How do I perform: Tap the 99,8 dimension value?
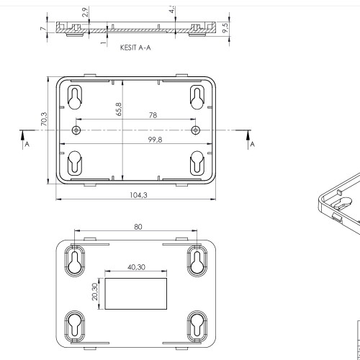pyautogui.click(x=136, y=140)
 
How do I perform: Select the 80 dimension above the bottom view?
pyautogui.click(x=138, y=227)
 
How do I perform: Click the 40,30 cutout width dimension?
pyautogui.click(x=137, y=267)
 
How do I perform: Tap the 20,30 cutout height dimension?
pyautogui.click(x=95, y=292)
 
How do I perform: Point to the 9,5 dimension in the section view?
pyautogui.click(x=225, y=27)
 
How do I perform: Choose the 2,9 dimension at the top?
pyautogui.click(x=85, y=12)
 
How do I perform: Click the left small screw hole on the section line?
pyautogui.click(x=76, y=130)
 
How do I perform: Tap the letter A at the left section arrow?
pyautogui.click(x=27, y=144)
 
